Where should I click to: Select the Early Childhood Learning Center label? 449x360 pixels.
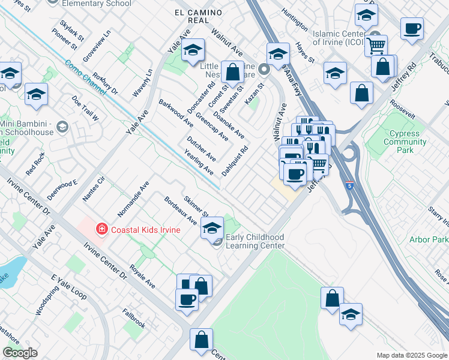point(255,241)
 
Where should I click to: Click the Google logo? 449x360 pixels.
point(20,353)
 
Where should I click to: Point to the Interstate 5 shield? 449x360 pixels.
point(349,184)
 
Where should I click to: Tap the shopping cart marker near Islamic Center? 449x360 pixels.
point(376,45)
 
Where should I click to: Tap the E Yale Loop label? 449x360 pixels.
point(69,288)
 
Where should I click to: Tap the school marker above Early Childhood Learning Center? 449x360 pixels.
point(211,228)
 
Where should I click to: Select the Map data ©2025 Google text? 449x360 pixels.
point(411,355)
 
